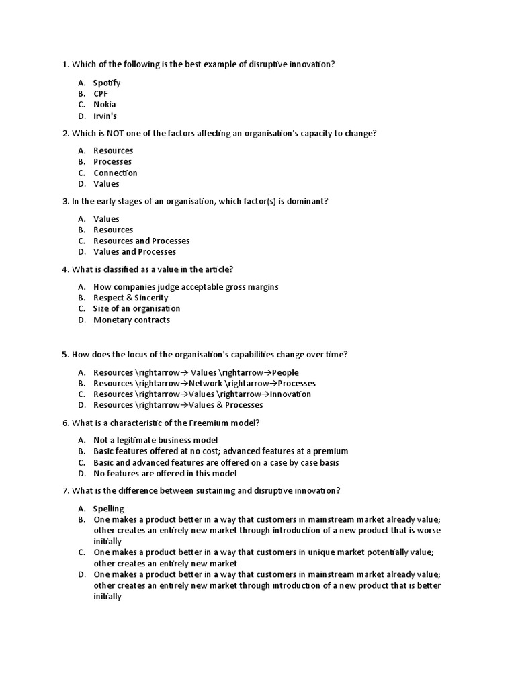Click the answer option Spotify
pos(107,83)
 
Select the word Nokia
pos(104,105)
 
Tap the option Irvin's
pos(105,116)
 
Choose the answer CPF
pos(101,94)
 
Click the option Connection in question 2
pos(116,173)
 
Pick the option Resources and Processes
pos(141,241)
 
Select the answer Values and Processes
pos(134,252)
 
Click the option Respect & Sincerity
pos(131,298)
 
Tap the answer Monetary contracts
pos(132,320)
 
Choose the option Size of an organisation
pos(136,309)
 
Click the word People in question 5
pos(286,372)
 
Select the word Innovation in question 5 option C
pos(290,394)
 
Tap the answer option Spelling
pos(109,509)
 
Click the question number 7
pos(65,490)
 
